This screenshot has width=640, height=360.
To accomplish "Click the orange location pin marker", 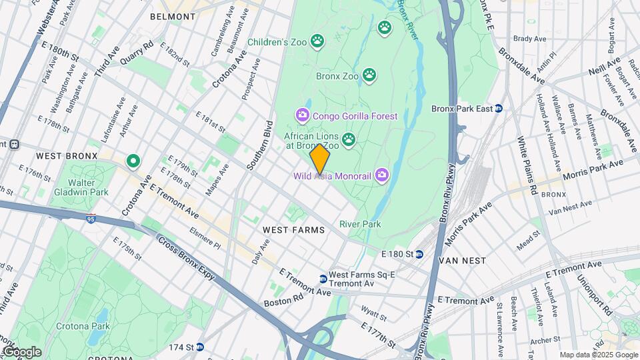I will pos(320,159).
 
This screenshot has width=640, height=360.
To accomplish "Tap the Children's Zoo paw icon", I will pos(317,42).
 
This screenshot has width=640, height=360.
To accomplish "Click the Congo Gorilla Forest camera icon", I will pos(303,116).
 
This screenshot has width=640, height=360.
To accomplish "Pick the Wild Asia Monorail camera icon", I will pos(381,176).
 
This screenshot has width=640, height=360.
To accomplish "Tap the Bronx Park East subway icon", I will pos(498,108).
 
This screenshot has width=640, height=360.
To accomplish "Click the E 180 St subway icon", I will pos(419,254).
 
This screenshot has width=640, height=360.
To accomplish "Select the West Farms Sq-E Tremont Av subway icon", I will pos(323,279).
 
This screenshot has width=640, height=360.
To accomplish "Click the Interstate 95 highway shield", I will pos(91,217).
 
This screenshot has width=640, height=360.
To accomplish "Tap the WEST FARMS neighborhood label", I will pos(293,230).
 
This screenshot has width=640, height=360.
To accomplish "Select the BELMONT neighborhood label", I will pos(173,16).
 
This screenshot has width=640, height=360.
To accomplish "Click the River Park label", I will pos(360,224).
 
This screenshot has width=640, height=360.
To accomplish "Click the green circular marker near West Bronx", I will pos(133,160).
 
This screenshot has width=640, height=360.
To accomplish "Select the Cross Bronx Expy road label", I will pos(186,259).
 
